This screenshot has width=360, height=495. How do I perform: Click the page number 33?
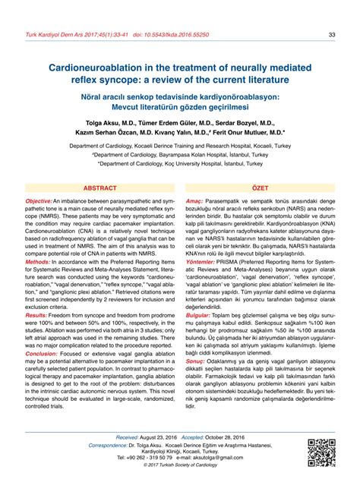(x=332, y=34)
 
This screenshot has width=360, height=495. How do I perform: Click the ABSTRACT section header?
(x=99, y=187)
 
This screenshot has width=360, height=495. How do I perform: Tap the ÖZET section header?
(x=261, y=187)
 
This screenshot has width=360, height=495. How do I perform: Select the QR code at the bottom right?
(x=321, y=473)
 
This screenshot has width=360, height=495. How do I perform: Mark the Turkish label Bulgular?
(x=199, y=314)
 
